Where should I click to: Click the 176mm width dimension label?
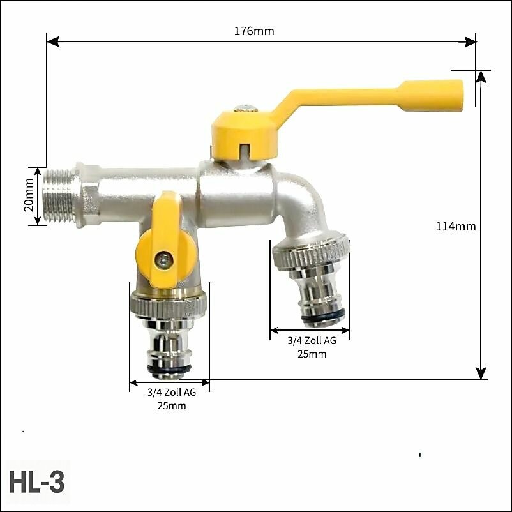point(254,31)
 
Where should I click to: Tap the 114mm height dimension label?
point(456,226)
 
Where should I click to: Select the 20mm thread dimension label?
point(29,195)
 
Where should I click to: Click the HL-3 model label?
point(37,482)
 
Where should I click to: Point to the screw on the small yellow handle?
point(163,260)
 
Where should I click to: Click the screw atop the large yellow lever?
point(246,108)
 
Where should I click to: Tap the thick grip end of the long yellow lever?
point(430,96)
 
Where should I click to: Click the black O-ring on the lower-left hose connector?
point(169,369)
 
